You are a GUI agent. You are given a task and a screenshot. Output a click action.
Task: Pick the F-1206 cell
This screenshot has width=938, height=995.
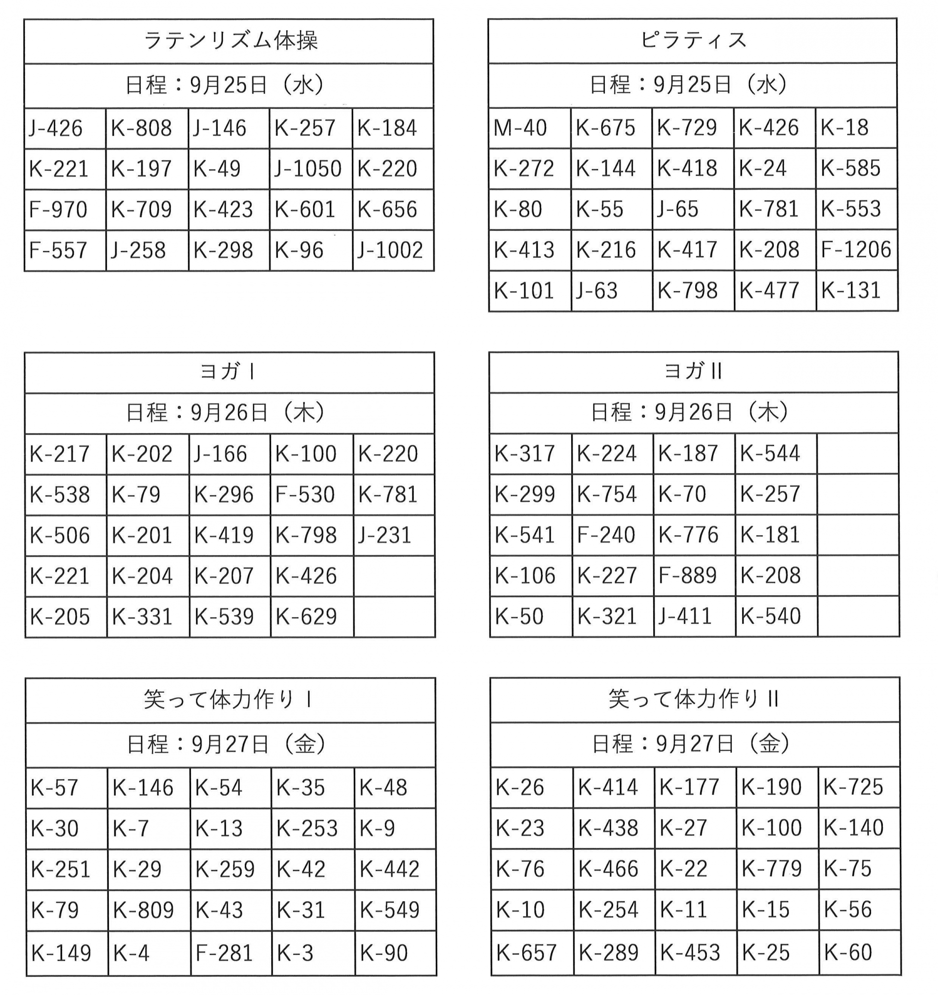(x=856, y=250)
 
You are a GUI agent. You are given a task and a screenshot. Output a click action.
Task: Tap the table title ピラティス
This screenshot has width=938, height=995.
(x=693, y=41)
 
